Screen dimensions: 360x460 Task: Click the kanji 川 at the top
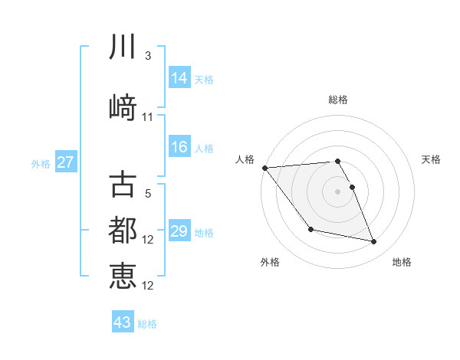(x=123, y=47)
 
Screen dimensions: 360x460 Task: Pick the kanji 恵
(x=123, y=276)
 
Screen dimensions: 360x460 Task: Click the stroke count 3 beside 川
(x=148, y=56)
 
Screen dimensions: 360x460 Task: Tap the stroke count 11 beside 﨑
(x=148, y=116)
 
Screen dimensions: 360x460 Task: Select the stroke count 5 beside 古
(x=148, y=194)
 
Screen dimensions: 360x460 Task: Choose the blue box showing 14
(x=179, y=78)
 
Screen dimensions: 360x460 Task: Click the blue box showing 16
(x=179, y=147)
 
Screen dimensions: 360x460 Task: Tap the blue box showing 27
(x=66, y=162)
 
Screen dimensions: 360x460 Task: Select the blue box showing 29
(x=179, y=231)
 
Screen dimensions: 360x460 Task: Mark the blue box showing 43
(x=123, y=322)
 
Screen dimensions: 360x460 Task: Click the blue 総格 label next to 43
(x=147, y=324)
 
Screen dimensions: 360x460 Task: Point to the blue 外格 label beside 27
(x=41, y=164)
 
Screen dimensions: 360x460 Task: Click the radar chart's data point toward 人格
(x=264, y=168)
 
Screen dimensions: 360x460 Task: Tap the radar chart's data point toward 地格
(x=374, y=242)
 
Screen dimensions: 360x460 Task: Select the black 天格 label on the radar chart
(x=432, y=159)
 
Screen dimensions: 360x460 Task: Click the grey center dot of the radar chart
(x=337, y=191)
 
